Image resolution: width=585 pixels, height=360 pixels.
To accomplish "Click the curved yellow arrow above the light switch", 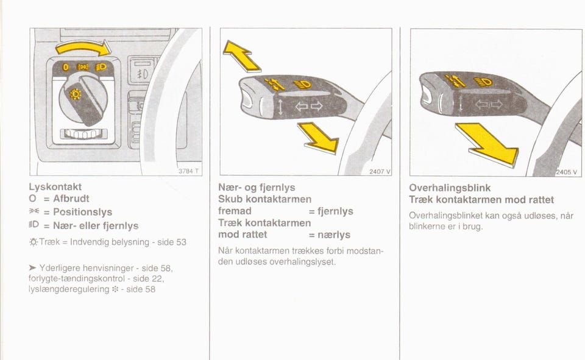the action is tap(83, 46).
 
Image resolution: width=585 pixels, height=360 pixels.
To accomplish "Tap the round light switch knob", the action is tap(83, 99).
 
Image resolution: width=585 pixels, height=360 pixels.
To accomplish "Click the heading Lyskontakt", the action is tap(55, 186).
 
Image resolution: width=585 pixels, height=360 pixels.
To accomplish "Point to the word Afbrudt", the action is tap(71, 199).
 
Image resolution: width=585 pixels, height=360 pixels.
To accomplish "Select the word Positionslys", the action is tap(82, 212).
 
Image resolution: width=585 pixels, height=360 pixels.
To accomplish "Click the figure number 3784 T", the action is tap(188, 171).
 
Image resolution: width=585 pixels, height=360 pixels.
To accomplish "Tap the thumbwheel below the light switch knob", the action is tap(83, 133).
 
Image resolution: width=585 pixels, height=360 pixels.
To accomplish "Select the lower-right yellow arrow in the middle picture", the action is tap(319, 138).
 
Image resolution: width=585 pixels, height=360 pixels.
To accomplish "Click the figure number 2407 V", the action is tap(380, 172).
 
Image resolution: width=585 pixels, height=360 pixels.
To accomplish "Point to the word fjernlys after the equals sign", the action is tap(335, 211).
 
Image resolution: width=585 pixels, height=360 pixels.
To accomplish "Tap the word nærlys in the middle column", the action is tap(334, 235).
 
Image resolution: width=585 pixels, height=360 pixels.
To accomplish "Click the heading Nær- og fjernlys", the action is tap(257, 187).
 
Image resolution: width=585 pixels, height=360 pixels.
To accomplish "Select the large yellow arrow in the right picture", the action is tap(487, 144).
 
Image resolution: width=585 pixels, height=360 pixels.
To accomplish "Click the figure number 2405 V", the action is tap(566, 172).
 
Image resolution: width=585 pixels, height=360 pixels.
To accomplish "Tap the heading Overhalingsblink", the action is tap(450, 188).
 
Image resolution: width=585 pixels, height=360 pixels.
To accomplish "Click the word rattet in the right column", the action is tap(541, 200).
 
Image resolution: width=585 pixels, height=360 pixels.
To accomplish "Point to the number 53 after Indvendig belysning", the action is tap(182, 242).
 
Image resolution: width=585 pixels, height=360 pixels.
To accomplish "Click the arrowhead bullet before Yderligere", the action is tap(32, 267).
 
